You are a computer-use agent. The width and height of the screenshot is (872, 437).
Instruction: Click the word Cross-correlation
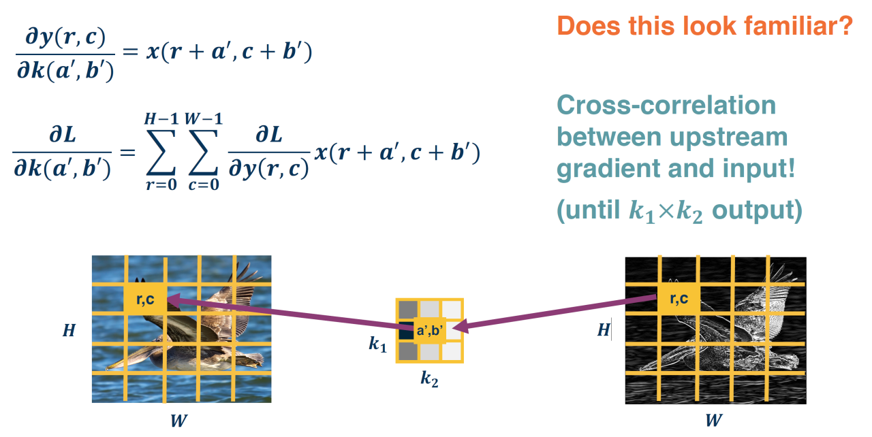pyautogui.click(x=666, y=106)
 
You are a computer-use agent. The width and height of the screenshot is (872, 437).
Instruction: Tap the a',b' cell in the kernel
pyautogui.click(x=429, y=331)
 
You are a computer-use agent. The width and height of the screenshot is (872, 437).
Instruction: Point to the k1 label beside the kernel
pyautogui.click(x=377, y=344)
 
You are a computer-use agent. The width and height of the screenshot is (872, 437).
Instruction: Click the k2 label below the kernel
pyautogui.click(x=429, y=378)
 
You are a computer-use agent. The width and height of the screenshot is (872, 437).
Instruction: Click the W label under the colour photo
pyautogui.click(x=178, y=421)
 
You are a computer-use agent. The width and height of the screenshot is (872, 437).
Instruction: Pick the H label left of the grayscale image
pyautogui.click(x=603, y=331)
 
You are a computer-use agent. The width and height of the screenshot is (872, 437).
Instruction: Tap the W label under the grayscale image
pyautogui.click(x=713, y=421)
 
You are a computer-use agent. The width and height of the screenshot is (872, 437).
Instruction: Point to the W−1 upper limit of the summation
pyautogui.click(x=203, y=120)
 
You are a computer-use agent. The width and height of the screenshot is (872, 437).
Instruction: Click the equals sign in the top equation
pyautogui.click(x=129, y=53)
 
